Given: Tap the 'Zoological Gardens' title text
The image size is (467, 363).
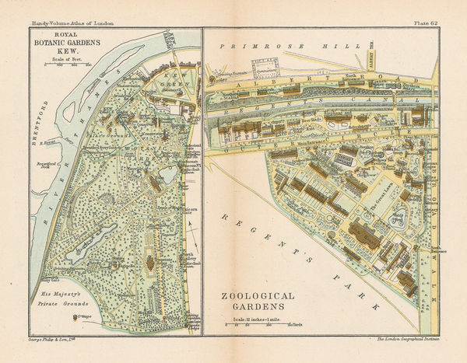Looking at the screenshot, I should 258,302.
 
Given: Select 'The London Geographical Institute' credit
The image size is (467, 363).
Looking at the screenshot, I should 402,340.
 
